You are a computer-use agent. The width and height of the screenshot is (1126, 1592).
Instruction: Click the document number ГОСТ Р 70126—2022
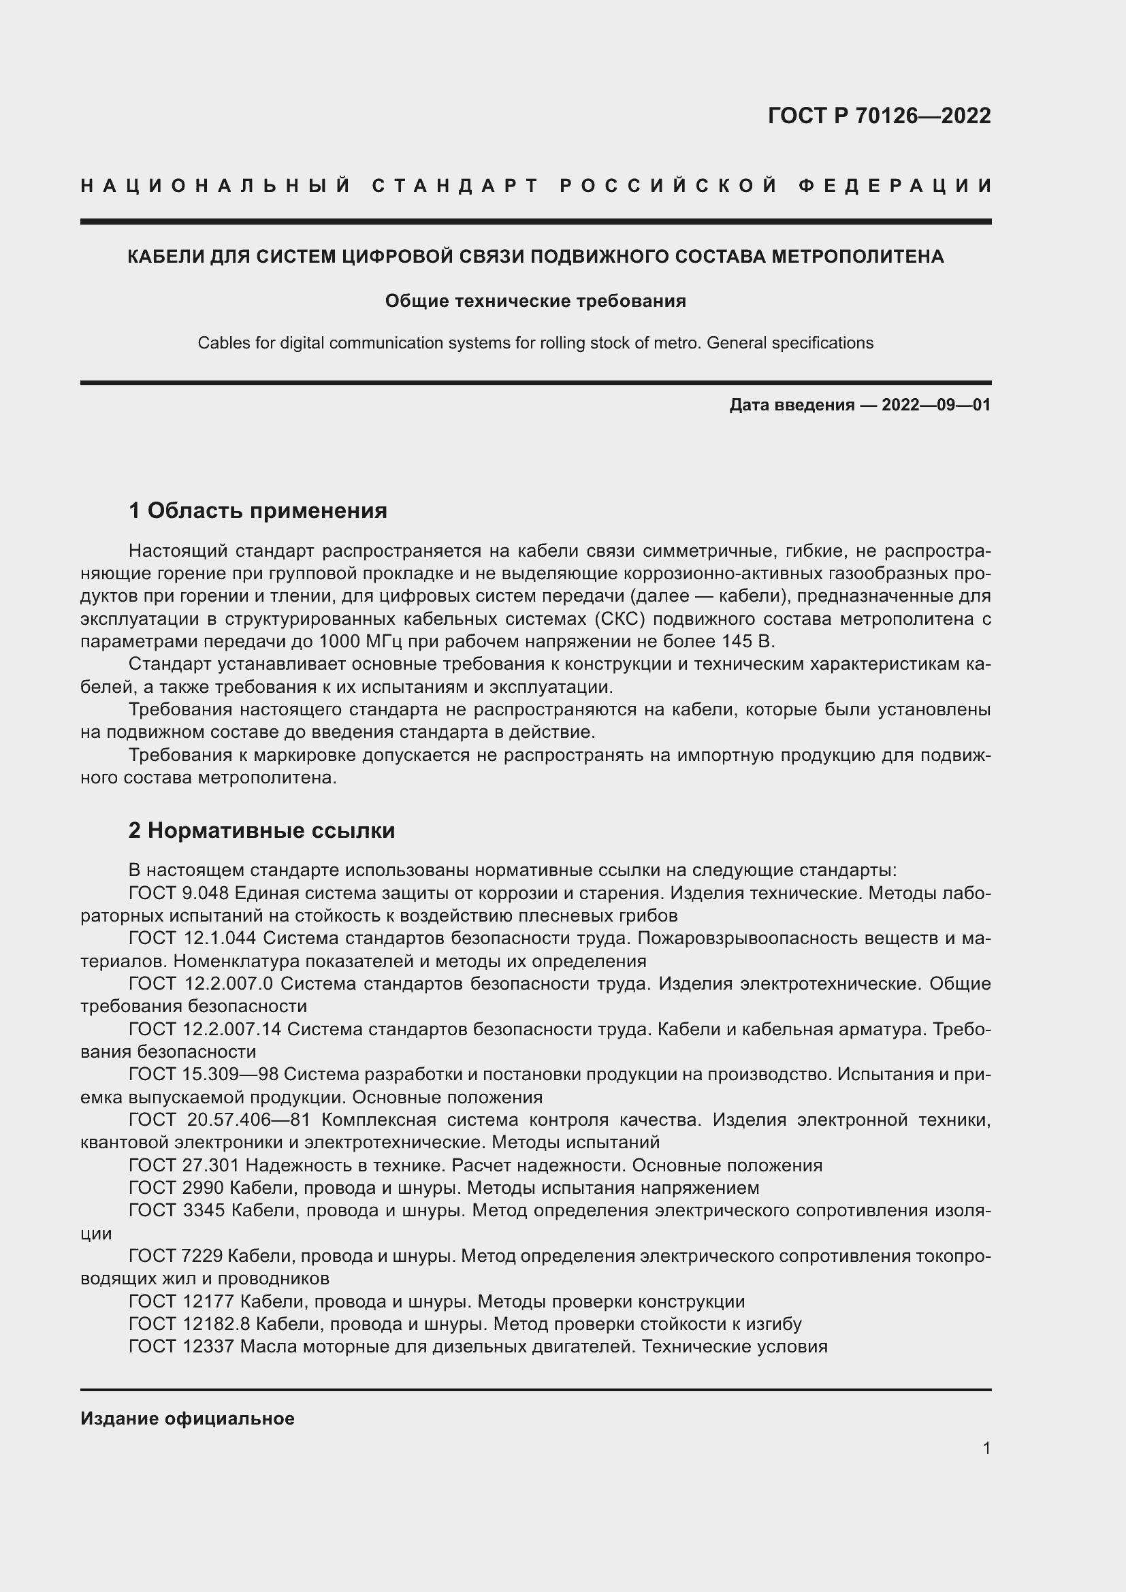click(x=878, y=116)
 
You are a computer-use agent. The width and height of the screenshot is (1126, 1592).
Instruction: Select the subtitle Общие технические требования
click(x=535, y=301)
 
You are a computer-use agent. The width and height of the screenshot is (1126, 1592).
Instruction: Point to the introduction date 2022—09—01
click(x=936, y=405)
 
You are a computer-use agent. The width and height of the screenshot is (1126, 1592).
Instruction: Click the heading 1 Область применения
click(x=257, y=511)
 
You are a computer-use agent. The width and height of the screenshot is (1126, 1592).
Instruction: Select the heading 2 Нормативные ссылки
click(x=261, y=830)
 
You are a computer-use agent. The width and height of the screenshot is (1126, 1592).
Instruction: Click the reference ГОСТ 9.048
click(x=179, y=893)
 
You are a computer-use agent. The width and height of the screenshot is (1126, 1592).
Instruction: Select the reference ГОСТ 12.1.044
click(x=192, y=938)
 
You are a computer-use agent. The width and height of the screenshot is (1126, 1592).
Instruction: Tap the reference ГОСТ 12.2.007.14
click(x=204, y=1029)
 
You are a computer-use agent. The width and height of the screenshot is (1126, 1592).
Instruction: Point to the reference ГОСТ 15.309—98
click(x=203, y=1074)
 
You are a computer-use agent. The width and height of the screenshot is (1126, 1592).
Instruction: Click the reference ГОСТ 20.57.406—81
click(x=219, y=1120)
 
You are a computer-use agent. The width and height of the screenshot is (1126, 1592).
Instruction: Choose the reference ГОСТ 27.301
click(x=184, y=1165)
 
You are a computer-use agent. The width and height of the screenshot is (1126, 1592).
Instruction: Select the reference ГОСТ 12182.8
click(x=189, y=1325)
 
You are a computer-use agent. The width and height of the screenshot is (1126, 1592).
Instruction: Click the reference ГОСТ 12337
click(x=182, y=1346)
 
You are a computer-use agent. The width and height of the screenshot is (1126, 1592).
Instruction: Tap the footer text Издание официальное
click(x=187, y=1419)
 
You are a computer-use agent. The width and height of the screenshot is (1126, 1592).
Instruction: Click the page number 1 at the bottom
click(x=986, y=1448)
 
